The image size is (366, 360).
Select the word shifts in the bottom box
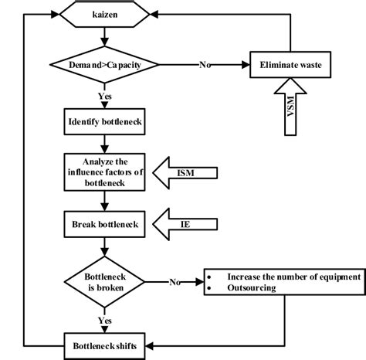pos(127,339)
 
